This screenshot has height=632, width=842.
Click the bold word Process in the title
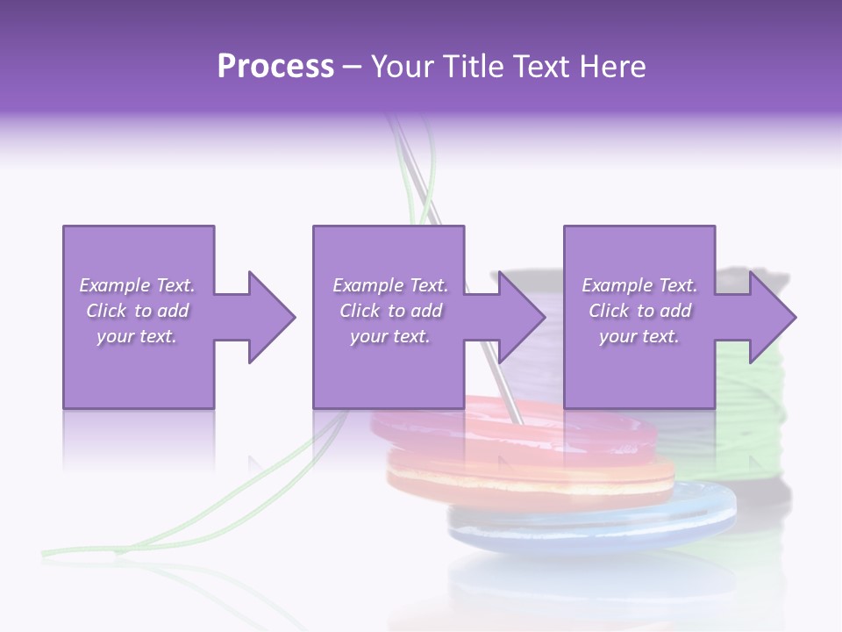click(275, 67)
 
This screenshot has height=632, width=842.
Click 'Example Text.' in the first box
click(138, 285)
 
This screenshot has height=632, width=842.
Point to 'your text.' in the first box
click(138, 336)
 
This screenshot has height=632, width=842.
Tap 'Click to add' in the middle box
click(390, 311)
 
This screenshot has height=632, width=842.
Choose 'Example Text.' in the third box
click(639, 285)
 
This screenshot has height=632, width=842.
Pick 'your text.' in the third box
click(639, 336)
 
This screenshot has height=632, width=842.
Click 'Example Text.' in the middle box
click(390, 285)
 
